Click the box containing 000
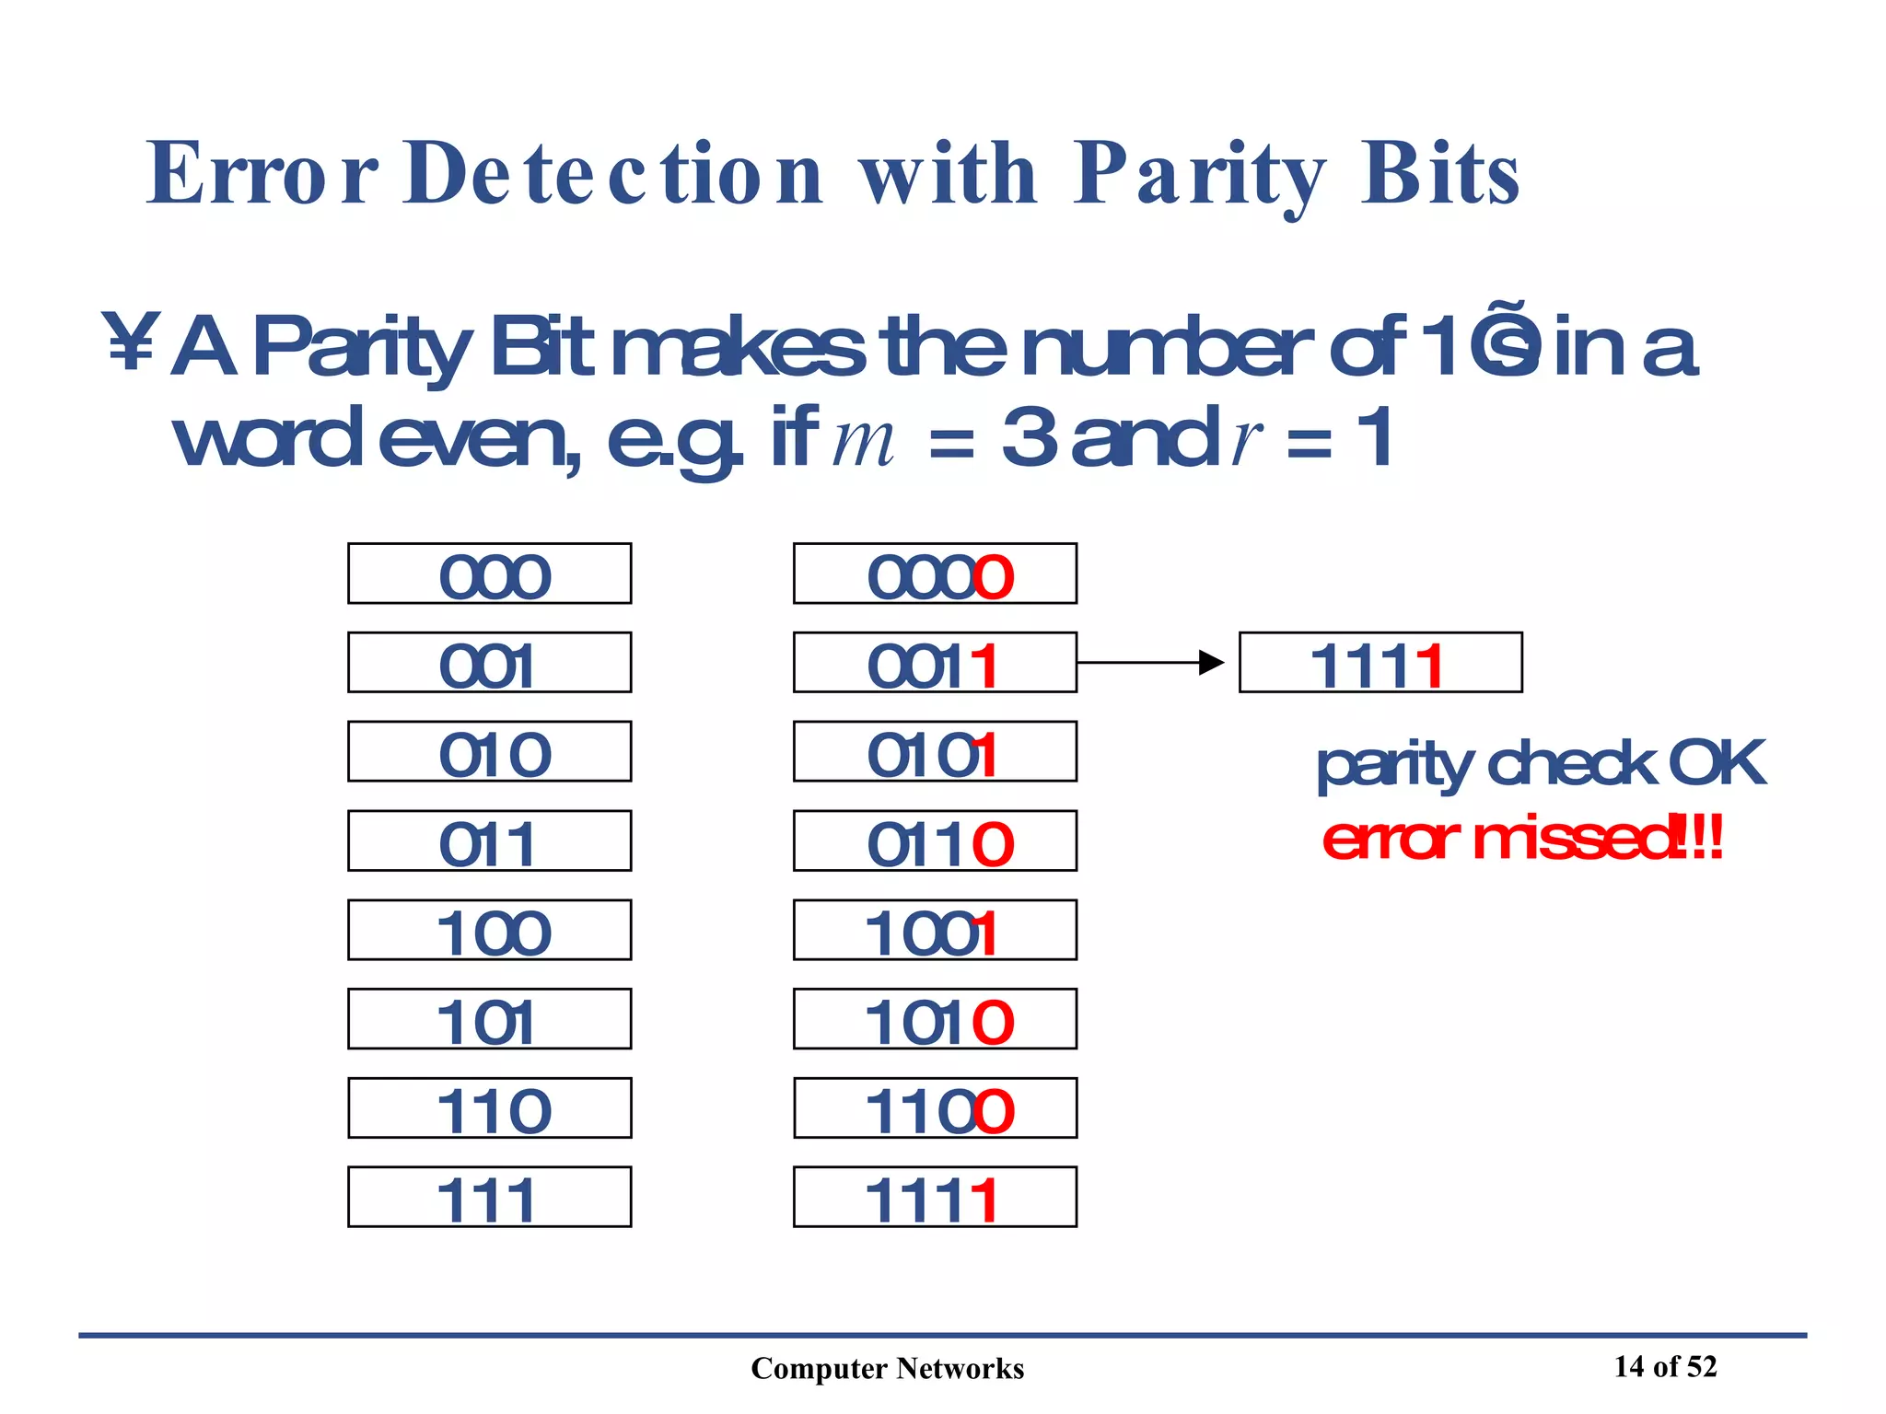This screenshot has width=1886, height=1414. tap(489, 574)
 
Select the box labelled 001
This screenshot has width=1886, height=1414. tap(489, 663)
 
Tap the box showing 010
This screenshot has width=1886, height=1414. tap(489, 751)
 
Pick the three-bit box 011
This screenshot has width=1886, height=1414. tap(489, 840)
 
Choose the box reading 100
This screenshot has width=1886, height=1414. tap(489, 930)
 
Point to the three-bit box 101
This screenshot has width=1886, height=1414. tap(489, 1019)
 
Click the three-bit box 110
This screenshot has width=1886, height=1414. tap(489, 1108)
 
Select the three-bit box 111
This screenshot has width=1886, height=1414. tap(489, 1197)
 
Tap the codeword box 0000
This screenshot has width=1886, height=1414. tap(935, 574)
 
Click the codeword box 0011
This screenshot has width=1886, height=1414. tap(935, 663)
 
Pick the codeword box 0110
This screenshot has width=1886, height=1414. tap(935, 840)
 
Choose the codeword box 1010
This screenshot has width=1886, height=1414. tap(935, 1019)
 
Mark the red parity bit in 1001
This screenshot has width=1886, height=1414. tap(986, 933)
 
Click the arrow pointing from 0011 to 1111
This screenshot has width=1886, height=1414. tap(1150, 663)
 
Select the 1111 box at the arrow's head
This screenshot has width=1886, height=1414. tap(1380, 663)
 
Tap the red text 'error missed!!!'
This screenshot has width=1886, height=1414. tap(1521, 839)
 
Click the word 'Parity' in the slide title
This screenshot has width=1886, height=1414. tap(1198, 175)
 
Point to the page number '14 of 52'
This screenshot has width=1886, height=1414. tap(1665, 1367)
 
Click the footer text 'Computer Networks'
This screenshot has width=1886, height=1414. tap(887, 1369)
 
